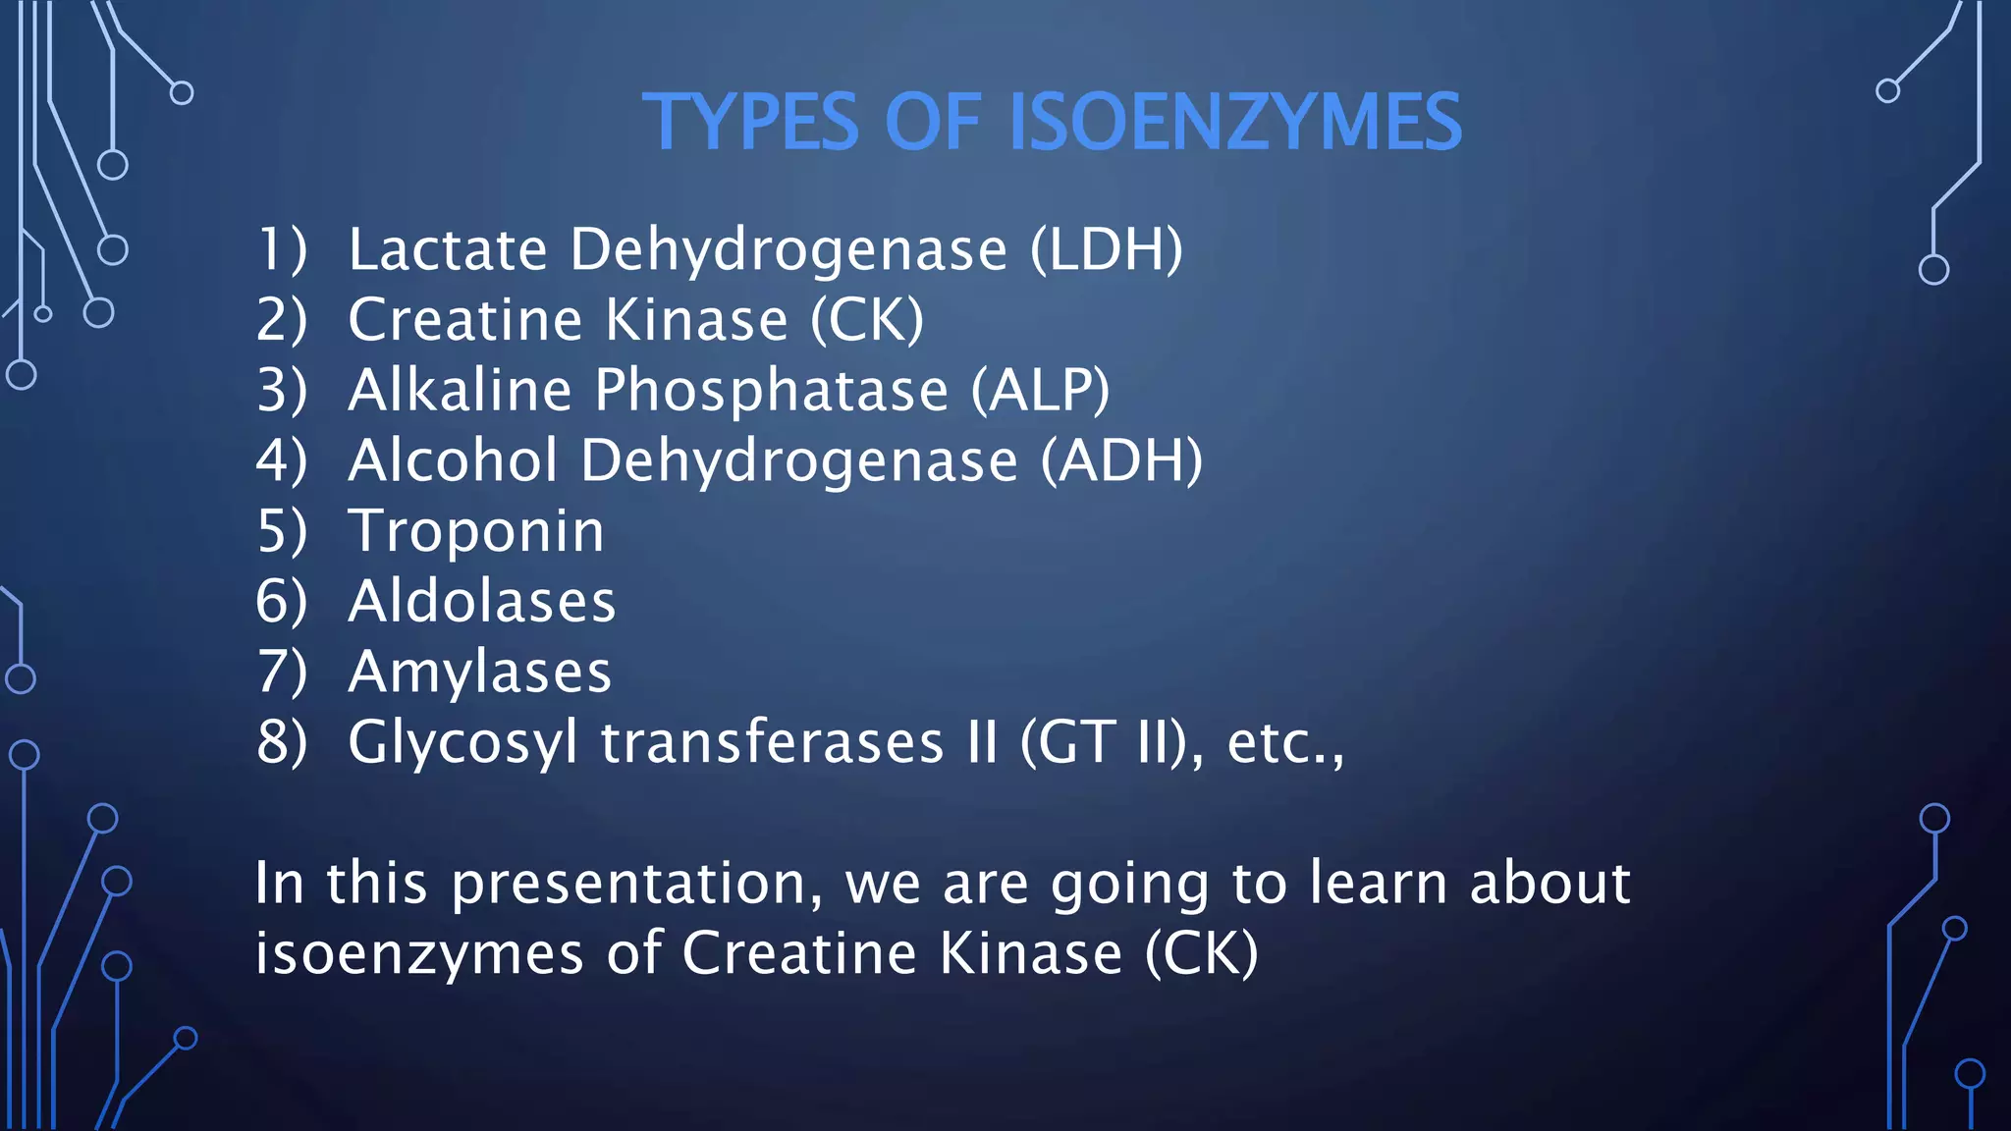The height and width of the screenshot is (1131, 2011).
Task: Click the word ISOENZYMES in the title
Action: [1235, 123]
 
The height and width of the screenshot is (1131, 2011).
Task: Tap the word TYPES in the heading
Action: [751, 123]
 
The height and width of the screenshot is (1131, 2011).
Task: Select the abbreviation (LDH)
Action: [1107, 249]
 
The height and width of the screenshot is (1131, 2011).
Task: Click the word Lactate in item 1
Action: [448, 249]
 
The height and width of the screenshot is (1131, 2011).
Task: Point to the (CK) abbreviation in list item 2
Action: [867, 320]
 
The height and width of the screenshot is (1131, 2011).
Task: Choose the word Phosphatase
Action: [771, 391]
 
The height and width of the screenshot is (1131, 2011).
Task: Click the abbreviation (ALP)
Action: [1041, 391]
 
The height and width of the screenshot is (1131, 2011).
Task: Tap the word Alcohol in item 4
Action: [454, 460]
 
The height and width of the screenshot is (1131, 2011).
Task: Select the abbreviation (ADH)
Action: [1121, 460]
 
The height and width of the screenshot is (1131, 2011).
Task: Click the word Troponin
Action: [476, 531]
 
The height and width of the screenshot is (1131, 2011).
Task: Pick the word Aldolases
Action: [482, 601]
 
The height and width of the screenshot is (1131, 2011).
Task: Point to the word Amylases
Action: [480, 672]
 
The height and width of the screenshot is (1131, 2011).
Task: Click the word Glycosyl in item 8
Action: [462, 743]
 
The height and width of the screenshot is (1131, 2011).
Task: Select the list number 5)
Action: [282, 531]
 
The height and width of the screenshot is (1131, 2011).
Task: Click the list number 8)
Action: [282, 742]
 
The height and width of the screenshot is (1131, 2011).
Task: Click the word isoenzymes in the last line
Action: [419, 954]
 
